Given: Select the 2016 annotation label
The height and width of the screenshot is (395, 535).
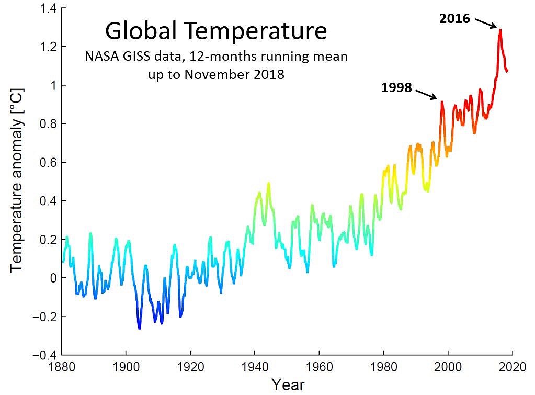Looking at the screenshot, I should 455,19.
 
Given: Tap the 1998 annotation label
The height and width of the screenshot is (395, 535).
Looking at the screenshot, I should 397,88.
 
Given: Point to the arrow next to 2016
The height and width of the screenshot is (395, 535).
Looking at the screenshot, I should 486,23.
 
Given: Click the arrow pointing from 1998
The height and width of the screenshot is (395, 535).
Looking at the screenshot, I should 427,94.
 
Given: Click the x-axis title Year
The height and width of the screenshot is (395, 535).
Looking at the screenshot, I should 287,385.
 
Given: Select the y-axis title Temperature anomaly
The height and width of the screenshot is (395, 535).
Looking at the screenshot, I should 18,186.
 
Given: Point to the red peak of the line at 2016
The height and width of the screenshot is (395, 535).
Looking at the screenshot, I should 500,30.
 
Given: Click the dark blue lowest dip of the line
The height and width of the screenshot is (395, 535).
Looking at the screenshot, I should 139,328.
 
